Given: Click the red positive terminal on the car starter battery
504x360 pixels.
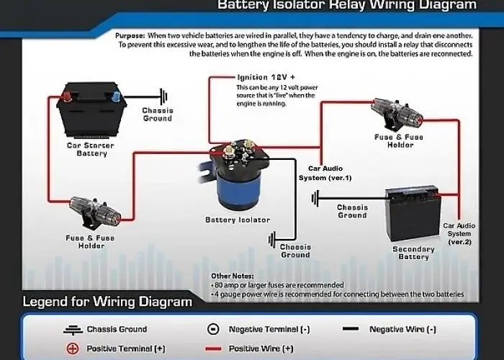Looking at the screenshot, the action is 67,96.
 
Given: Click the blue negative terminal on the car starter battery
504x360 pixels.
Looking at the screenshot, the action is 117,96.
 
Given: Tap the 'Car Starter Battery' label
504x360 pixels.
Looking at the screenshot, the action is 90,150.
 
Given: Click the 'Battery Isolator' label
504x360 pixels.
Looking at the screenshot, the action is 238,220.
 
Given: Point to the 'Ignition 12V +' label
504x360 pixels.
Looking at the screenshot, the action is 266,78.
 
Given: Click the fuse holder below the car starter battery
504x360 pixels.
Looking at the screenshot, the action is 95,210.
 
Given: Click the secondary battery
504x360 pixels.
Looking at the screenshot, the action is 413,214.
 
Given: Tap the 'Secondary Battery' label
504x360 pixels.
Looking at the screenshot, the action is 414,253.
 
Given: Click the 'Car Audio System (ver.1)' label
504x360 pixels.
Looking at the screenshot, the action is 325,174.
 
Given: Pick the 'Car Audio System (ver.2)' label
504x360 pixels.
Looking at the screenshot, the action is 459,234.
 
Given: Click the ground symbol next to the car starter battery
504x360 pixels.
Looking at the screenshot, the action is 164,96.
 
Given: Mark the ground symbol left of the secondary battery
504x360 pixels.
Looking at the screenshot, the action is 315,198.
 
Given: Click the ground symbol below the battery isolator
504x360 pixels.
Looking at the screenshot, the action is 272,240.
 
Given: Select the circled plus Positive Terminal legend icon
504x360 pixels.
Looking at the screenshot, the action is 73,348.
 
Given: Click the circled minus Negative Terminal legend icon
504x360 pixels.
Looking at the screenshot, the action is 213,329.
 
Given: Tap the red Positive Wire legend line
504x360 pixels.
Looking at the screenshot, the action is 213,348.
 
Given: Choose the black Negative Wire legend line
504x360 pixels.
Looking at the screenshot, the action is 351,329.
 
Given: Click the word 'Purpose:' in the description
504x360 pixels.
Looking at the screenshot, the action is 130,36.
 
